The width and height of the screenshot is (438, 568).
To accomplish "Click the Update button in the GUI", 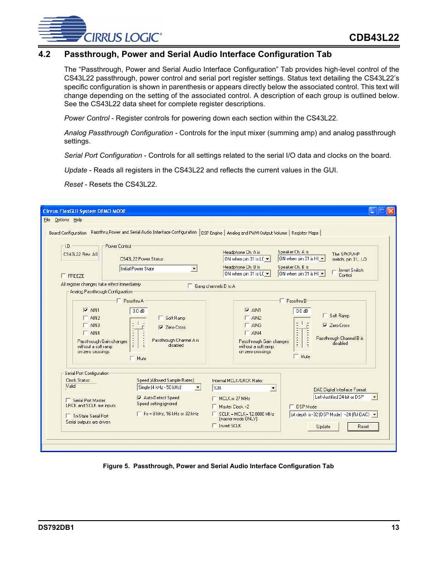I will tap(323, 427).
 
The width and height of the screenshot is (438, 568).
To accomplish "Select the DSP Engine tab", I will tap(212, 233).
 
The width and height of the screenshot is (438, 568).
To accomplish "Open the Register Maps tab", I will tap(305, 233).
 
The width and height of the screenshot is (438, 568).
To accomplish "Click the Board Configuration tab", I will tap(67, 233).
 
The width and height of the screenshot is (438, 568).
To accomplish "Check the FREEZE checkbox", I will tap(64, 276).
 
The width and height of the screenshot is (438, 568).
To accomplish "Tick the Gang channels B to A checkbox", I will tap(190, 286).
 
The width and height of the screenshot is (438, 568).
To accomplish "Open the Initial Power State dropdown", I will tap(194, 269).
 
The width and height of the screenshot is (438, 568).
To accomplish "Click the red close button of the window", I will tap(391, 211).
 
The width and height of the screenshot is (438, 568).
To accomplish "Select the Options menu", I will tap(62, 220).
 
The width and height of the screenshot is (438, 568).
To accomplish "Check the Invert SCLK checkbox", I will tap(214, 426).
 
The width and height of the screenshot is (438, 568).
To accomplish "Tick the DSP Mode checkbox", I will tap(292, 407).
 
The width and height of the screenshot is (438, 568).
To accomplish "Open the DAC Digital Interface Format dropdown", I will tap(375, 397).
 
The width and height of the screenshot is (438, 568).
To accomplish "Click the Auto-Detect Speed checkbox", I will tap(139, 398).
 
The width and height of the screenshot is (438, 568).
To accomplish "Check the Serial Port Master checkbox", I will tap(68, 400).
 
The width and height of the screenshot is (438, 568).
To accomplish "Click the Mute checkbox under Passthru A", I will tap(132, 358).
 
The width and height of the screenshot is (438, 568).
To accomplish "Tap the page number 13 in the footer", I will tap(395, 528).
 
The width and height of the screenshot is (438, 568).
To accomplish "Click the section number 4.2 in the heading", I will tap(45, 54).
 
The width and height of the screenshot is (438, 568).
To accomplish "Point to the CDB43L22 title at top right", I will tap(374, 38).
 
